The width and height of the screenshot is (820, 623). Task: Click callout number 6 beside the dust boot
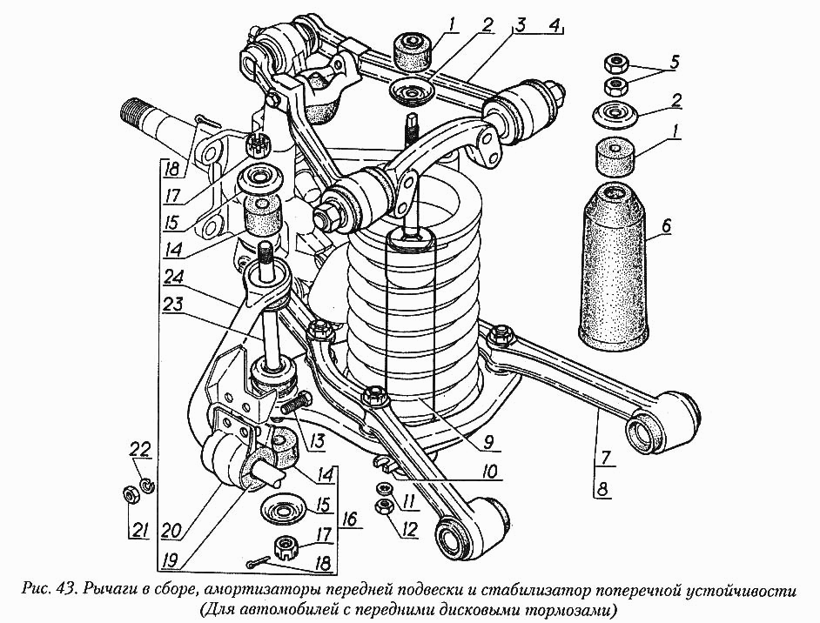pyautogui.click(x=666, y=226)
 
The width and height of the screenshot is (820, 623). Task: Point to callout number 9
pyautogui.click(x=487, y=442)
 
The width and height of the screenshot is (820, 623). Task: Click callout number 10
pyautogui.click(x=490, y=471)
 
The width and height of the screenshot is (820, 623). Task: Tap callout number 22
pyautogui.click(x=142, y=451)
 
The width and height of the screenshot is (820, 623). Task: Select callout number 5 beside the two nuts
pyautogui.click(x=673, y=62)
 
